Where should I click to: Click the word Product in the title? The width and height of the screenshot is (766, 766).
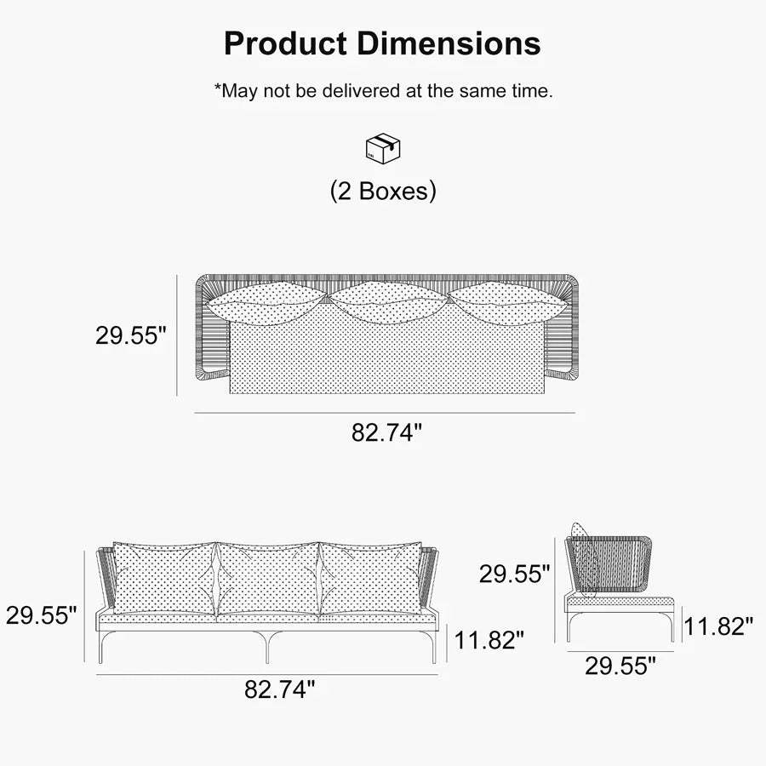tap(285, 43)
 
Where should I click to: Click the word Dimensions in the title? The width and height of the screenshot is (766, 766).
tap(449, 43)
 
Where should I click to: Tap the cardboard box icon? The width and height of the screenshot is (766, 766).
tap(383, 148)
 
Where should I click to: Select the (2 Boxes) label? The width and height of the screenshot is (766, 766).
tap(383, 191)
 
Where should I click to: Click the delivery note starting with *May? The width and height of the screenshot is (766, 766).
tap(384, 91)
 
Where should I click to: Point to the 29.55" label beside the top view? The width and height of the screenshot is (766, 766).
tap(131, 335)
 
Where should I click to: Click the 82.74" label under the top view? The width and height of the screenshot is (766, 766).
tap(386, 432)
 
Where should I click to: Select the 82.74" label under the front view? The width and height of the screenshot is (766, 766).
tap(279, 689)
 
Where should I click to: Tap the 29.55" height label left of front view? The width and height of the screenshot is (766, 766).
tap(42, 615)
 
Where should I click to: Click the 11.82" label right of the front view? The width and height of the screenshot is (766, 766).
tap(489, 639)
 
